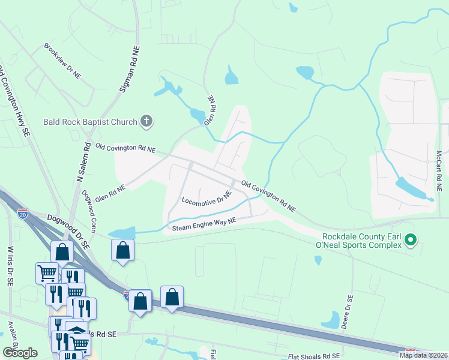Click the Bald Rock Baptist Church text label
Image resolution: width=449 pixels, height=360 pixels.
tap(90, 122)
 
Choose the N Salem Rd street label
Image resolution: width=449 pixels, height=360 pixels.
tap(83, 162)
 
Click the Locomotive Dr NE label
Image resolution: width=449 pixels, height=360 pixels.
tap(206, 199)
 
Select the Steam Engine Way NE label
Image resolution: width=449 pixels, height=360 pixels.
tap(205, 224)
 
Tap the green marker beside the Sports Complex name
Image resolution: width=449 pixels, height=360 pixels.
tap(411, 241)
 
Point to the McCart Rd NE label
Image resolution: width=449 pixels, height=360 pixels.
tap(439, 171)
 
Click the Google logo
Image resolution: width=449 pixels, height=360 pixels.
tap(20, 353)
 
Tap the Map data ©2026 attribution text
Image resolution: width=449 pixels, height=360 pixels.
tap(423, 355)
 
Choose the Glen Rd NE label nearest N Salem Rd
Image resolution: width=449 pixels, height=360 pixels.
tap(110, 193)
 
